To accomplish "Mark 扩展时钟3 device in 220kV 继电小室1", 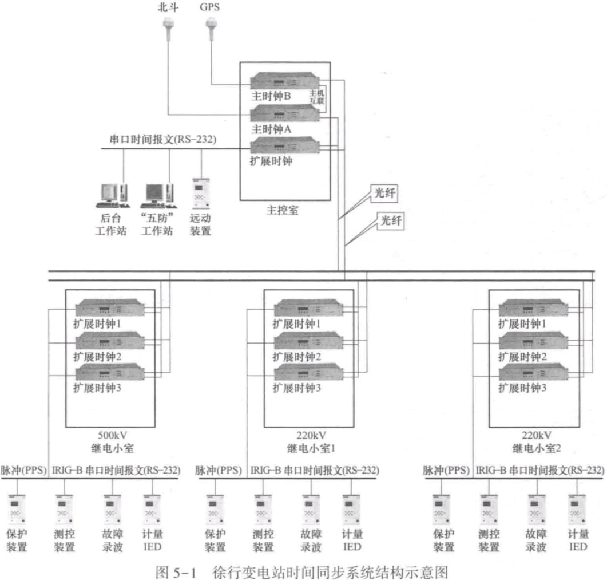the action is tap(309, 373).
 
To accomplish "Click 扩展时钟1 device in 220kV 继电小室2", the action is tap(534, 309).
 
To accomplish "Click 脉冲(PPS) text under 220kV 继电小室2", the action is tap(445, 471).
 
